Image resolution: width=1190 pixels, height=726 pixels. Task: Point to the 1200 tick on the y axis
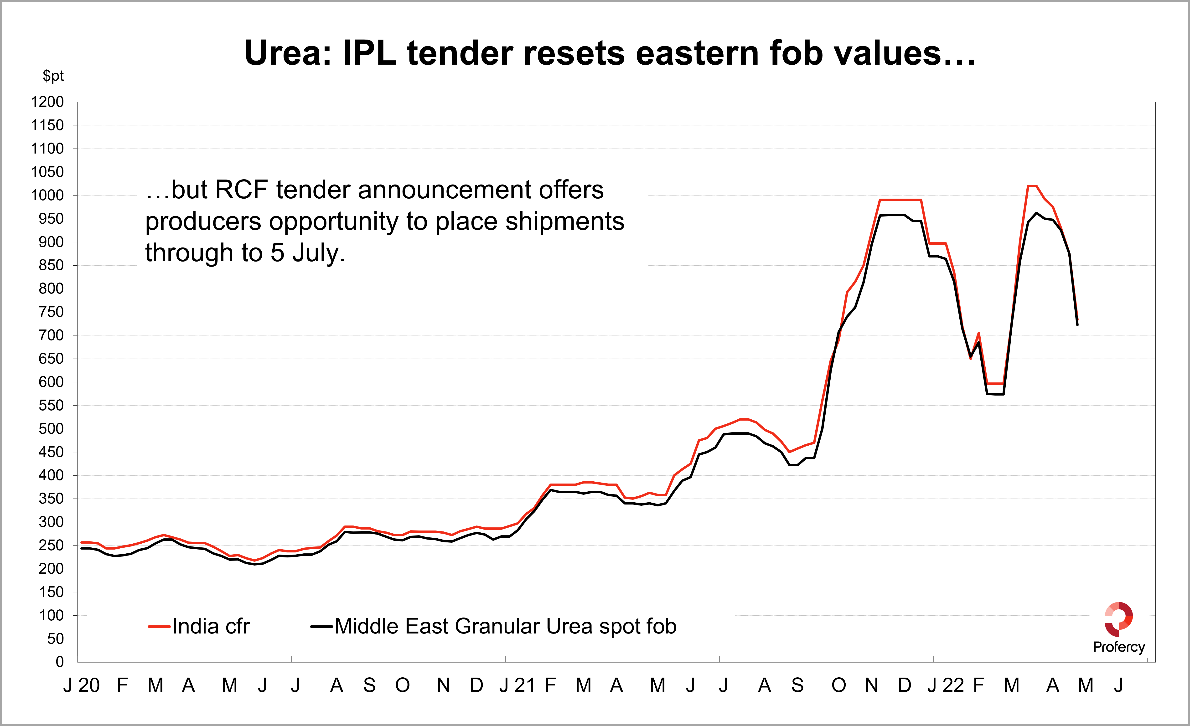(x=47, y=102)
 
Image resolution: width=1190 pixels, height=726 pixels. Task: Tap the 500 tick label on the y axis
(x=51, y=429)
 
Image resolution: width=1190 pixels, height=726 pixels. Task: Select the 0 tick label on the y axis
(x=59, y=662)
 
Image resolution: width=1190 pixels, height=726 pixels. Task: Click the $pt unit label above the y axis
(x=53, y=76)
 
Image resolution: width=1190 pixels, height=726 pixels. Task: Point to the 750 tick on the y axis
(x=51, y=312)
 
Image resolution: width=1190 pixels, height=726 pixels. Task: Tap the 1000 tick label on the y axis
(x=47, y=196)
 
